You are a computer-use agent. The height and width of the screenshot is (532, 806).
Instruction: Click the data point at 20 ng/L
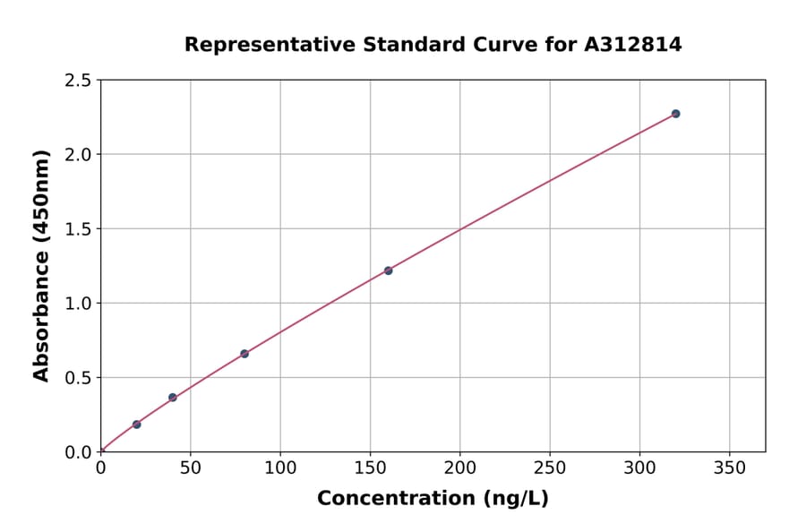point(136,425)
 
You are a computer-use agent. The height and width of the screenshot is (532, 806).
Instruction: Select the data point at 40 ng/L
point(173,398)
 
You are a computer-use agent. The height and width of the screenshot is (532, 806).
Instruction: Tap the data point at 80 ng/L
point(244,354)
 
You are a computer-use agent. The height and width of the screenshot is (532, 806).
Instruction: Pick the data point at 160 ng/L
point(388,270)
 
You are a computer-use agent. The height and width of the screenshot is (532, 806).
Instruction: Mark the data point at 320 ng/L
point(675,114)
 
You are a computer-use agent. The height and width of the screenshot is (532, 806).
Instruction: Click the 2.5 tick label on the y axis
point(79,81)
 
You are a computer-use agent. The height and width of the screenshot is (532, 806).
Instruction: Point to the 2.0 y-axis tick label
point(79,155)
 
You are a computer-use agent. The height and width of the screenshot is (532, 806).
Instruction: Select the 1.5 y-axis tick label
point(79,229)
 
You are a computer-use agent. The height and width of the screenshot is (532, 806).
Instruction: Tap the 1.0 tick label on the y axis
point(79,304)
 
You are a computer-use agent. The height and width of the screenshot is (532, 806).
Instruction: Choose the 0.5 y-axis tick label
point(79,378)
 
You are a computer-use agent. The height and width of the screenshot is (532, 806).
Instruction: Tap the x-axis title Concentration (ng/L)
point(433,499)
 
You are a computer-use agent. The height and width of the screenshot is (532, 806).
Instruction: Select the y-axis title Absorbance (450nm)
point(41,265)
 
